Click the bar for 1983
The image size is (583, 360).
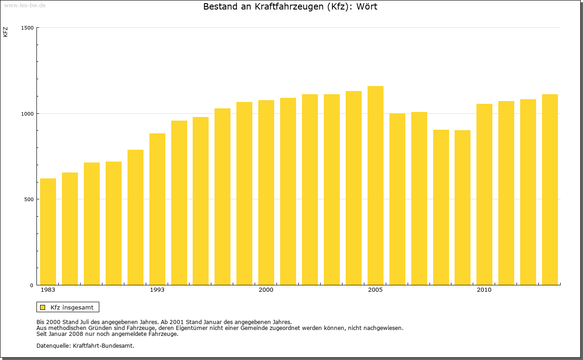point(48,232)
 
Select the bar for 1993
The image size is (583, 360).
point(157,209)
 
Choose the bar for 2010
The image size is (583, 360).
point(484,194)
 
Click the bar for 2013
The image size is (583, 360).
point(550,190)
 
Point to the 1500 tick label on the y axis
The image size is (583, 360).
point(28,28)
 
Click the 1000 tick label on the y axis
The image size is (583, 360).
point(28,113)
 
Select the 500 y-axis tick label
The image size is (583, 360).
point(29,199)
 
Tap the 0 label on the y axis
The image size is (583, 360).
point(32,285)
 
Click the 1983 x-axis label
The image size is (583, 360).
point(48,290)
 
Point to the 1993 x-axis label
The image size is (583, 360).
point(157,290)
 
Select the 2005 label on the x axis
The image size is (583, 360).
point(375,290)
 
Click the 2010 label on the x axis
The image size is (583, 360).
point(484,290)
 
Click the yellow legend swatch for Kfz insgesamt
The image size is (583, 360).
point(43,307)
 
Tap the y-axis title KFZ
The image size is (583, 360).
point(5,32)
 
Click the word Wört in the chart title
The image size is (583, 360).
point(366,7)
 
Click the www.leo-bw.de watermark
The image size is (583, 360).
point(25,5)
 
